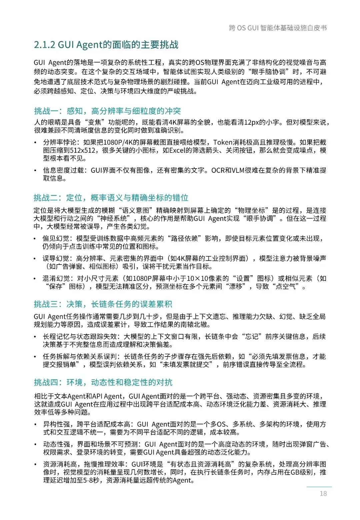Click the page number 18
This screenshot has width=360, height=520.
(x=323, y=493)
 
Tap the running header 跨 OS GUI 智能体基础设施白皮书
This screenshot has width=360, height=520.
(x=278, y=28)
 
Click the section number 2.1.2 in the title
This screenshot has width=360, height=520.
(x=44, y=45)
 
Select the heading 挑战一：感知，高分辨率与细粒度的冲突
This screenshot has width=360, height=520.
(x=107, y=111)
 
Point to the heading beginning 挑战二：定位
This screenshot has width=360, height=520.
(x=111, y=198)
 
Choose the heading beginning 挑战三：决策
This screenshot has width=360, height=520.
(x=103, y=304)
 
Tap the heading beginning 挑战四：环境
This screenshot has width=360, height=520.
(x=103, y=382)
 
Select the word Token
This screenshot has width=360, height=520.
(x=223, y=142)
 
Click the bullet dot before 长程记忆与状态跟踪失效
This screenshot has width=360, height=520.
(x=35, y=337)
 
